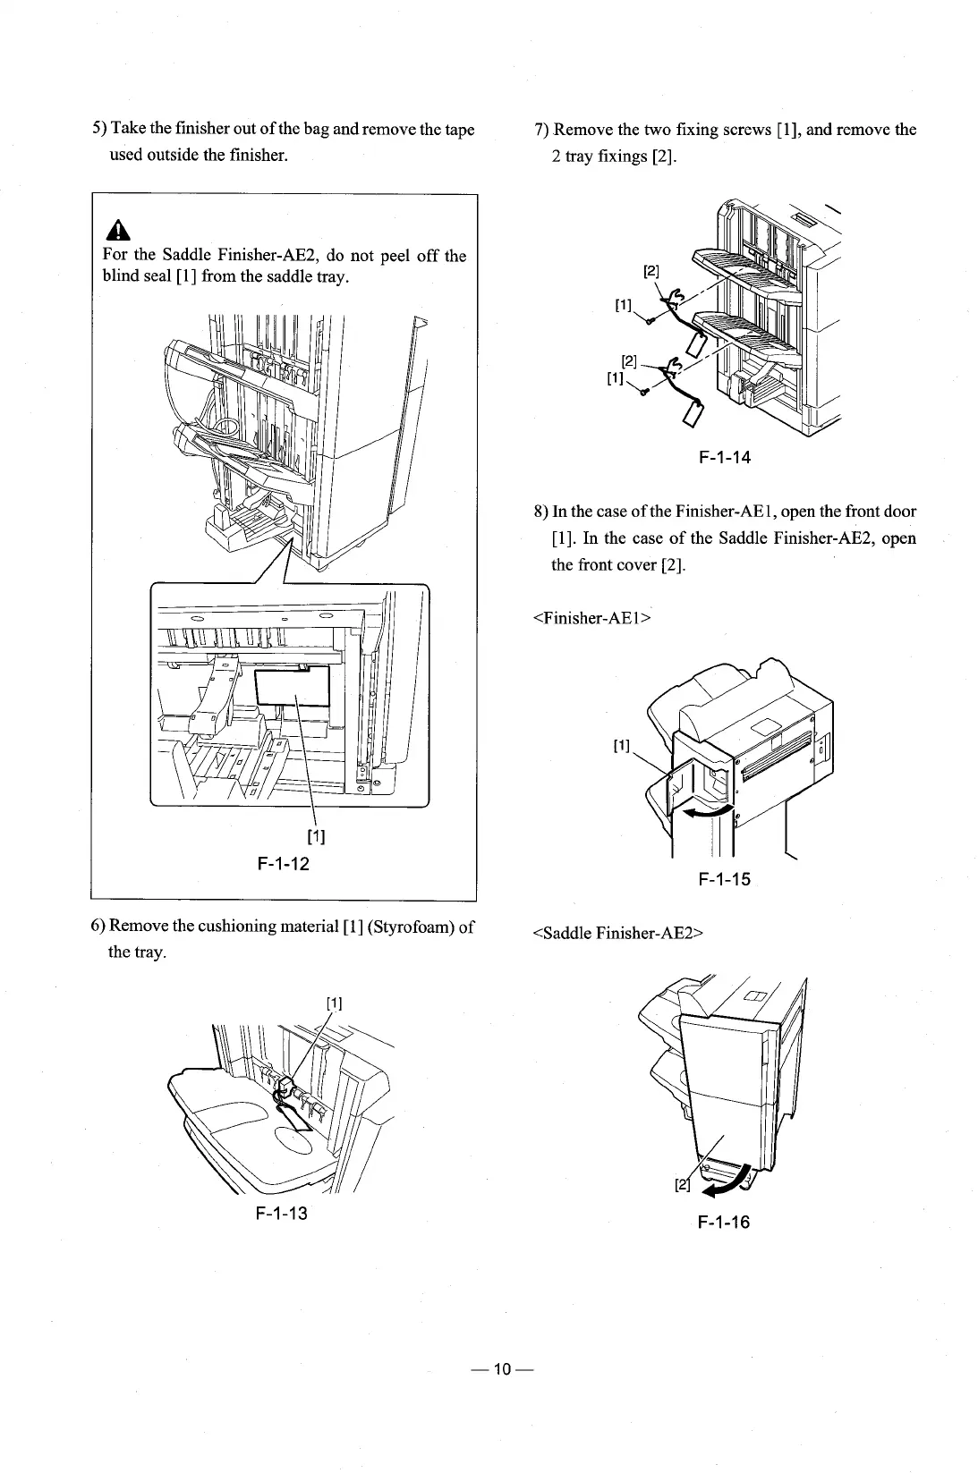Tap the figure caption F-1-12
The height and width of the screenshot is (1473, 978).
pos(283,864)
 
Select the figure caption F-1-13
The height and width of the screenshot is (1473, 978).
pos(281,1214)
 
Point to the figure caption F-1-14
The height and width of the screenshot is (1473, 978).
pos(725,458)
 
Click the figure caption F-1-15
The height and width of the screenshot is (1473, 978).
pos(724,879)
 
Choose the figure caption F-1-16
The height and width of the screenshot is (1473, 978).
pos(724,1222)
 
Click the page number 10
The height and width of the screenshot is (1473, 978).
pos(501,1369)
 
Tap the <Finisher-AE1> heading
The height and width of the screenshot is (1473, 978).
pos(591,617)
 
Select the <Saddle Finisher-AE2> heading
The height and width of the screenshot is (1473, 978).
pos(619,934)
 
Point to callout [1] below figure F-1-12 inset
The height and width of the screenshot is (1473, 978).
pos(316,837)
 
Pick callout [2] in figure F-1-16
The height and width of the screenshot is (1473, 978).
pos(684,1186)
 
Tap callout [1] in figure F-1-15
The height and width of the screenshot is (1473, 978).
pos(622,745)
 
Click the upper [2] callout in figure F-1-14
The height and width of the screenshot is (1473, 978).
pos(652,269)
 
